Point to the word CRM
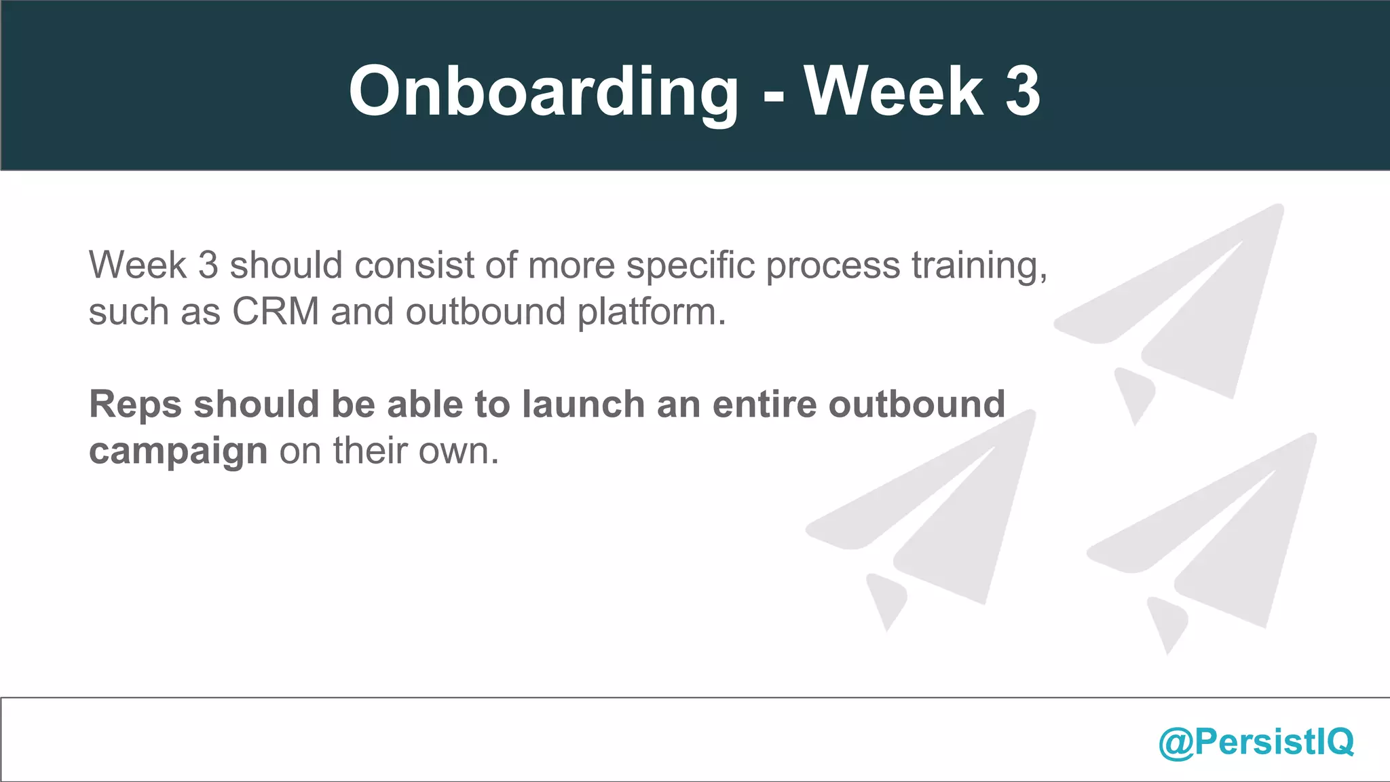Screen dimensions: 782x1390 (275, 312)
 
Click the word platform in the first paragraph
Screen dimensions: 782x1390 (652, 313)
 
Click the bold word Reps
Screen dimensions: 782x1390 (135, 405)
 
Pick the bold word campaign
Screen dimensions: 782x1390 (178, 451)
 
